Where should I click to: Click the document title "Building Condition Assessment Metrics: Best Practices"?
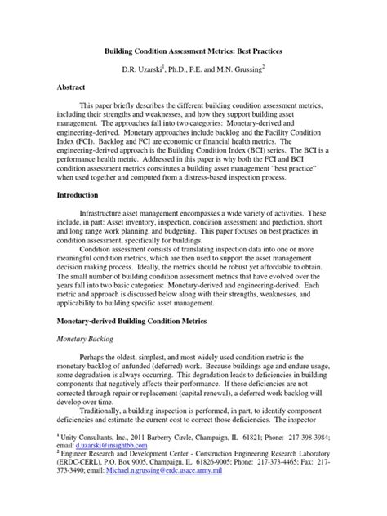pos(193,51)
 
